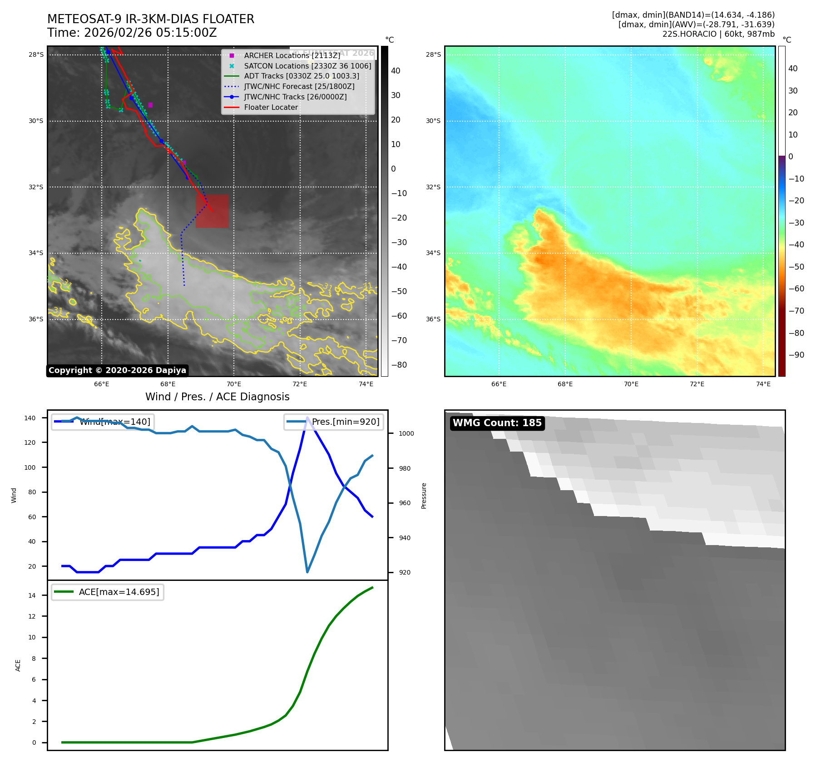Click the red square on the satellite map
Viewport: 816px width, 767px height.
[x=212, y=211]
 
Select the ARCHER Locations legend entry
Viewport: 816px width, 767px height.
[x=292, y=55]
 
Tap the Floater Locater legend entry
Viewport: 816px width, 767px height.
[x=271, y=108]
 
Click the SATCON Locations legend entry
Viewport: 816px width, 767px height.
[x=307, y=66]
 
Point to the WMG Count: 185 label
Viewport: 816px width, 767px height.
[x=497, y=423]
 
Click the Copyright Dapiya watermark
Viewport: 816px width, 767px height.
[x=117, y=370]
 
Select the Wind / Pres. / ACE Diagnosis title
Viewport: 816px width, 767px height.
[x=217, y=397]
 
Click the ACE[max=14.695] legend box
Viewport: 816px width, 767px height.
[x=108, y=592]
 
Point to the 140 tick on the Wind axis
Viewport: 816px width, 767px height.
[x=30, y=418]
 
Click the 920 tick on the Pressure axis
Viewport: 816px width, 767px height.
[x=404, y=572]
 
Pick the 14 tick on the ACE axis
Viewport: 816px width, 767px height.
[x=32, y=595]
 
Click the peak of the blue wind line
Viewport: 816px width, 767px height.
[x=307, y=418]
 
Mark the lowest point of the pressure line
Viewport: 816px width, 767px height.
[x=307, y=572]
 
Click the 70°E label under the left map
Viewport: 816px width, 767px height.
[x=233, y=384]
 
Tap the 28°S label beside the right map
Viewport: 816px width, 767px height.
[x=433, y=55]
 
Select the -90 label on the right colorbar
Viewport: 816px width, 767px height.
[x=796, y=355]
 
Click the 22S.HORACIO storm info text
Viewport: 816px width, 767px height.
[x=718, y=34]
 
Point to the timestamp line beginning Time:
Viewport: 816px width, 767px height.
[x=132, y=33]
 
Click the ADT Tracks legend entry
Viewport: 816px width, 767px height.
[x=302, y=76]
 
